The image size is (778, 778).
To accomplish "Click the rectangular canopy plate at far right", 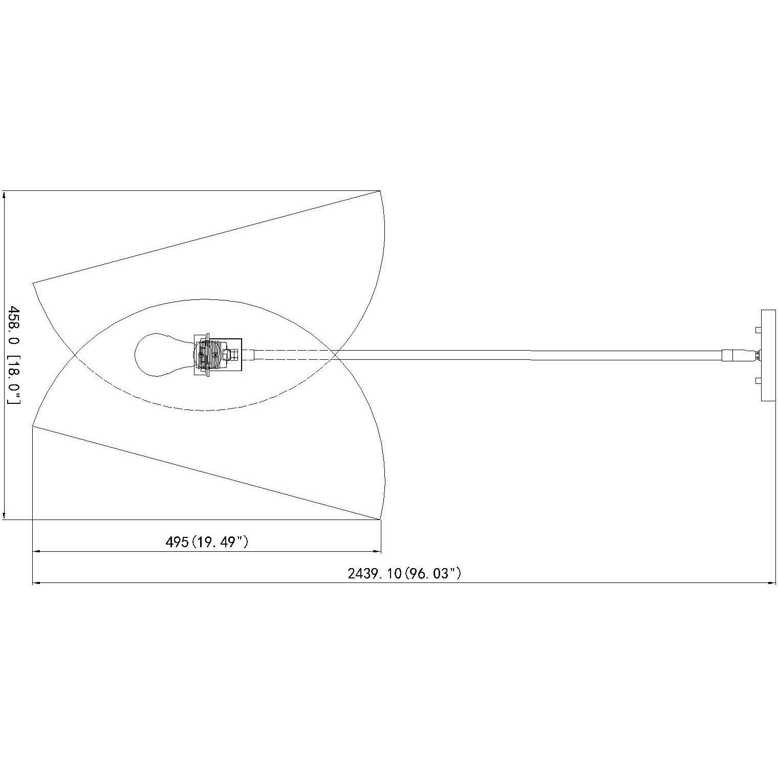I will (x=768, y=355).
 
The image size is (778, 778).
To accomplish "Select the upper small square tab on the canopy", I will (x=759, y=330).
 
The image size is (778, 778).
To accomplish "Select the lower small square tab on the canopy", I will (x=759, y=380).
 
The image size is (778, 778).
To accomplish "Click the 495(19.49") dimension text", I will (x=207, y=542).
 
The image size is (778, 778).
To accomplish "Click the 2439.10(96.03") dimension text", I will (x=404, y=573).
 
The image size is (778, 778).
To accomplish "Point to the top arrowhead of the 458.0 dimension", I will (x=5, y=194).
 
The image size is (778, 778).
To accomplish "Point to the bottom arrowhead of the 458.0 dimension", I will (x=5, y=516).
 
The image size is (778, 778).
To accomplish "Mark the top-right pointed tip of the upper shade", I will (x=380, y=191).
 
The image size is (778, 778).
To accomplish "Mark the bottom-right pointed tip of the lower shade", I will (x=381, y=518).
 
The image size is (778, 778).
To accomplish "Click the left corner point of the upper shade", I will (x=33, y=283).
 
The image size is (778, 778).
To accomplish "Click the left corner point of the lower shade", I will (x=33, y=426).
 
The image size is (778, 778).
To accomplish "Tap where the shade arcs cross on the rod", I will (x=336, y=355).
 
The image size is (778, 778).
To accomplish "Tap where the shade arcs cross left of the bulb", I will (x=76, y=355).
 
